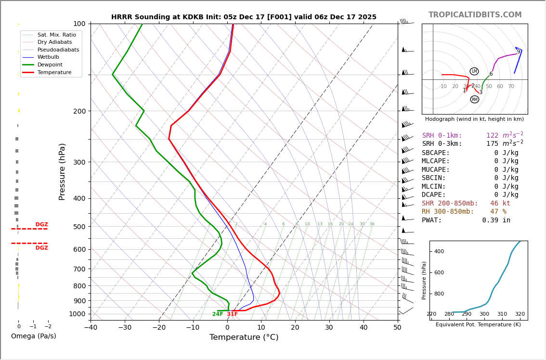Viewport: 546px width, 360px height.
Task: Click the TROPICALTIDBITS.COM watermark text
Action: coord(475,15)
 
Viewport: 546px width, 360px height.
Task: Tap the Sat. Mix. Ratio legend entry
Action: coord(56,35)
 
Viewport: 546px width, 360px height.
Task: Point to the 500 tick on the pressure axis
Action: coord(79,227)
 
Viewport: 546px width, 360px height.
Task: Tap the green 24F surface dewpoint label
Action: coord(218,314)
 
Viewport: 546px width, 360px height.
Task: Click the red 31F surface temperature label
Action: coord(233,314)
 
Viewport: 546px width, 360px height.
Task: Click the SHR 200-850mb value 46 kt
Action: coord(500,204)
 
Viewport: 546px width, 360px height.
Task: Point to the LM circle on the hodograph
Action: coord(474,71)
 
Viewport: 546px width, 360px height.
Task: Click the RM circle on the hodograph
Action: coord(475,100)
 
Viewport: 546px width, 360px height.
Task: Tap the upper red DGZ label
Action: coord(42,225)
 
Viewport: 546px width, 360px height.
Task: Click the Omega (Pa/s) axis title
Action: coord(34,336)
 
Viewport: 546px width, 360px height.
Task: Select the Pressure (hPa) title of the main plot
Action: coord(63,171)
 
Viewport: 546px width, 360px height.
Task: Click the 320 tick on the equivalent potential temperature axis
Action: coord(520,314)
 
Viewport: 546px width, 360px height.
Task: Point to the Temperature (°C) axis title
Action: coord(244,337)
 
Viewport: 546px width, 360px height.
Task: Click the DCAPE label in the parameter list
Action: coord(436,195)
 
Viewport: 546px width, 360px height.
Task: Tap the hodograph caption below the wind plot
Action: coord(474,119)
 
